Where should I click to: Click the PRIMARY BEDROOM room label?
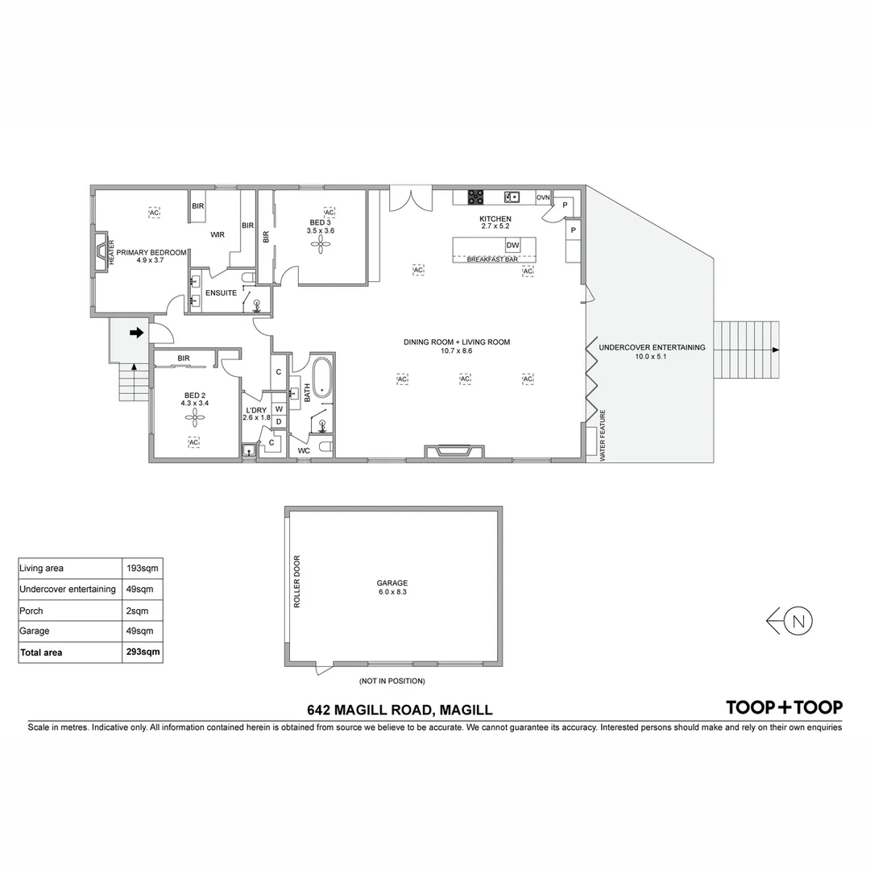point(151,252)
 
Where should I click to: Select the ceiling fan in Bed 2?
point(194,416)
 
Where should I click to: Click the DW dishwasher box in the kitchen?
point(512,245)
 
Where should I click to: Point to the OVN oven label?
point(543,197)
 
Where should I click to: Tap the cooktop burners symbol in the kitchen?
point(476,197)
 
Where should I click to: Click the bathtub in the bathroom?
point(322,378)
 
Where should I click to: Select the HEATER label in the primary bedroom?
point(111,252)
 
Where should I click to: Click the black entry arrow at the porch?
point(136,332)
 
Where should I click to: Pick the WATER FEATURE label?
point(602,435)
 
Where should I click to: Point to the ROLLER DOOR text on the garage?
point(296,581)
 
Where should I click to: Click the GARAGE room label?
point(392,583)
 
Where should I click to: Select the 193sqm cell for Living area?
point(143,569)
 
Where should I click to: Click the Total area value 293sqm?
point(143,652)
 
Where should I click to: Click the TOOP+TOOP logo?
point(784,707)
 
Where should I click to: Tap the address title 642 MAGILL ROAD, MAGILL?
point(400,710)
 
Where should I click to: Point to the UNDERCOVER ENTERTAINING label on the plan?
point(652,347)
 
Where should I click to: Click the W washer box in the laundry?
point(279,408)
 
